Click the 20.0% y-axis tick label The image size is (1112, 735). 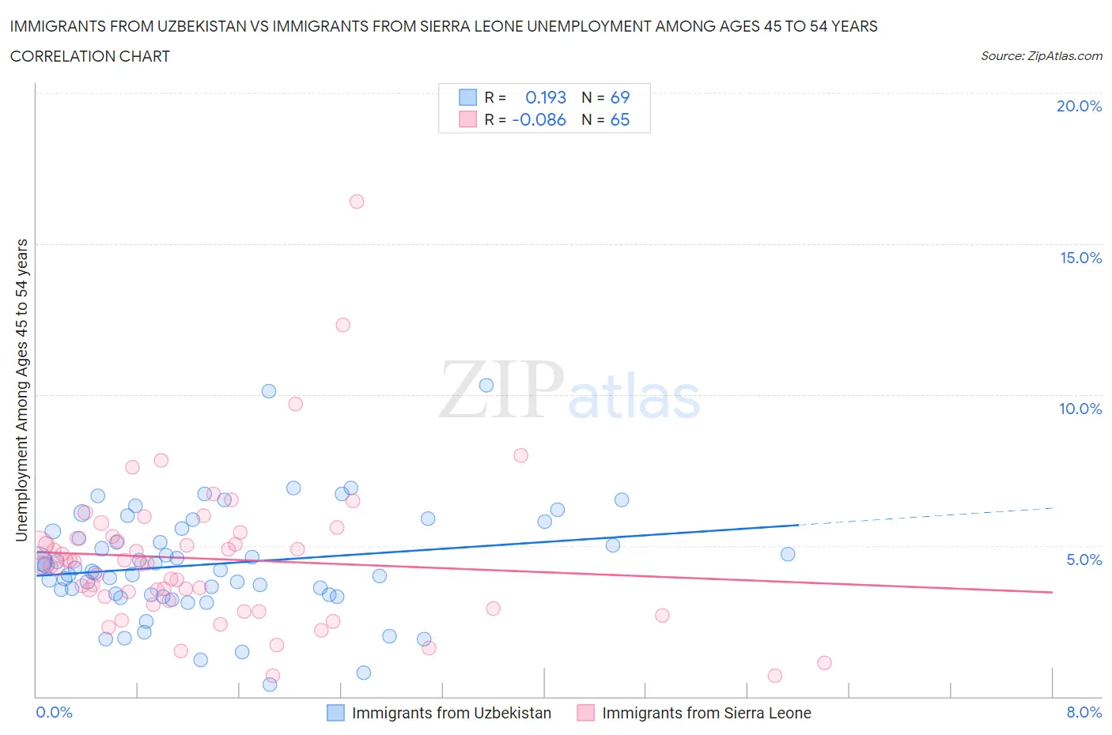pyautogui.click(x=1079, y=106)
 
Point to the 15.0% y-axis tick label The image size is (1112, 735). pyautogui.click(x=1080, y=258)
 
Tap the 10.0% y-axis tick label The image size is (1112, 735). pyautogui.click(x=1080, y=409)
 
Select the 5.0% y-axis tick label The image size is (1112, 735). pyautogui.click(x=1084, y=560)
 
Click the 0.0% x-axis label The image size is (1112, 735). pyautogui.click(x=54, y=712)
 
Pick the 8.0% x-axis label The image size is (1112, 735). pyautogui.click(x=1084, y=712)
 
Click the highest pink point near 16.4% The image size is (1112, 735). pyautogui.click(x=357, y=202)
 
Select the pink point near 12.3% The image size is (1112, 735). pyautogui.click(x=342, y=325)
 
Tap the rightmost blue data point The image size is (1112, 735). pyautogui.click(x=788, y=554)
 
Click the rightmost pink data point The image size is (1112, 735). pyautogui.click(x=824, y=663)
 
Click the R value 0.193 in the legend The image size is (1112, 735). pyautogui.click(x=546, y=97)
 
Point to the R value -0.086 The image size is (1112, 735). pyautogui.click(x=539, y=119)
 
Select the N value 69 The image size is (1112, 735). pyautogui.click(x=620, y=97)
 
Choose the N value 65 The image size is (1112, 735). pyautogui.click(x=620, y=119)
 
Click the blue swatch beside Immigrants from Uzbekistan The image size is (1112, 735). pyautogui.click(x=336, y=713)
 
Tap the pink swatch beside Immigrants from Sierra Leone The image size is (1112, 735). pyautogui.click(x=586, y=713)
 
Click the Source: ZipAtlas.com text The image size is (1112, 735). pyautogui.click(x=1041, y=56)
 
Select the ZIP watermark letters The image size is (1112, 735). pyautogui.click(x=501, y=390)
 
